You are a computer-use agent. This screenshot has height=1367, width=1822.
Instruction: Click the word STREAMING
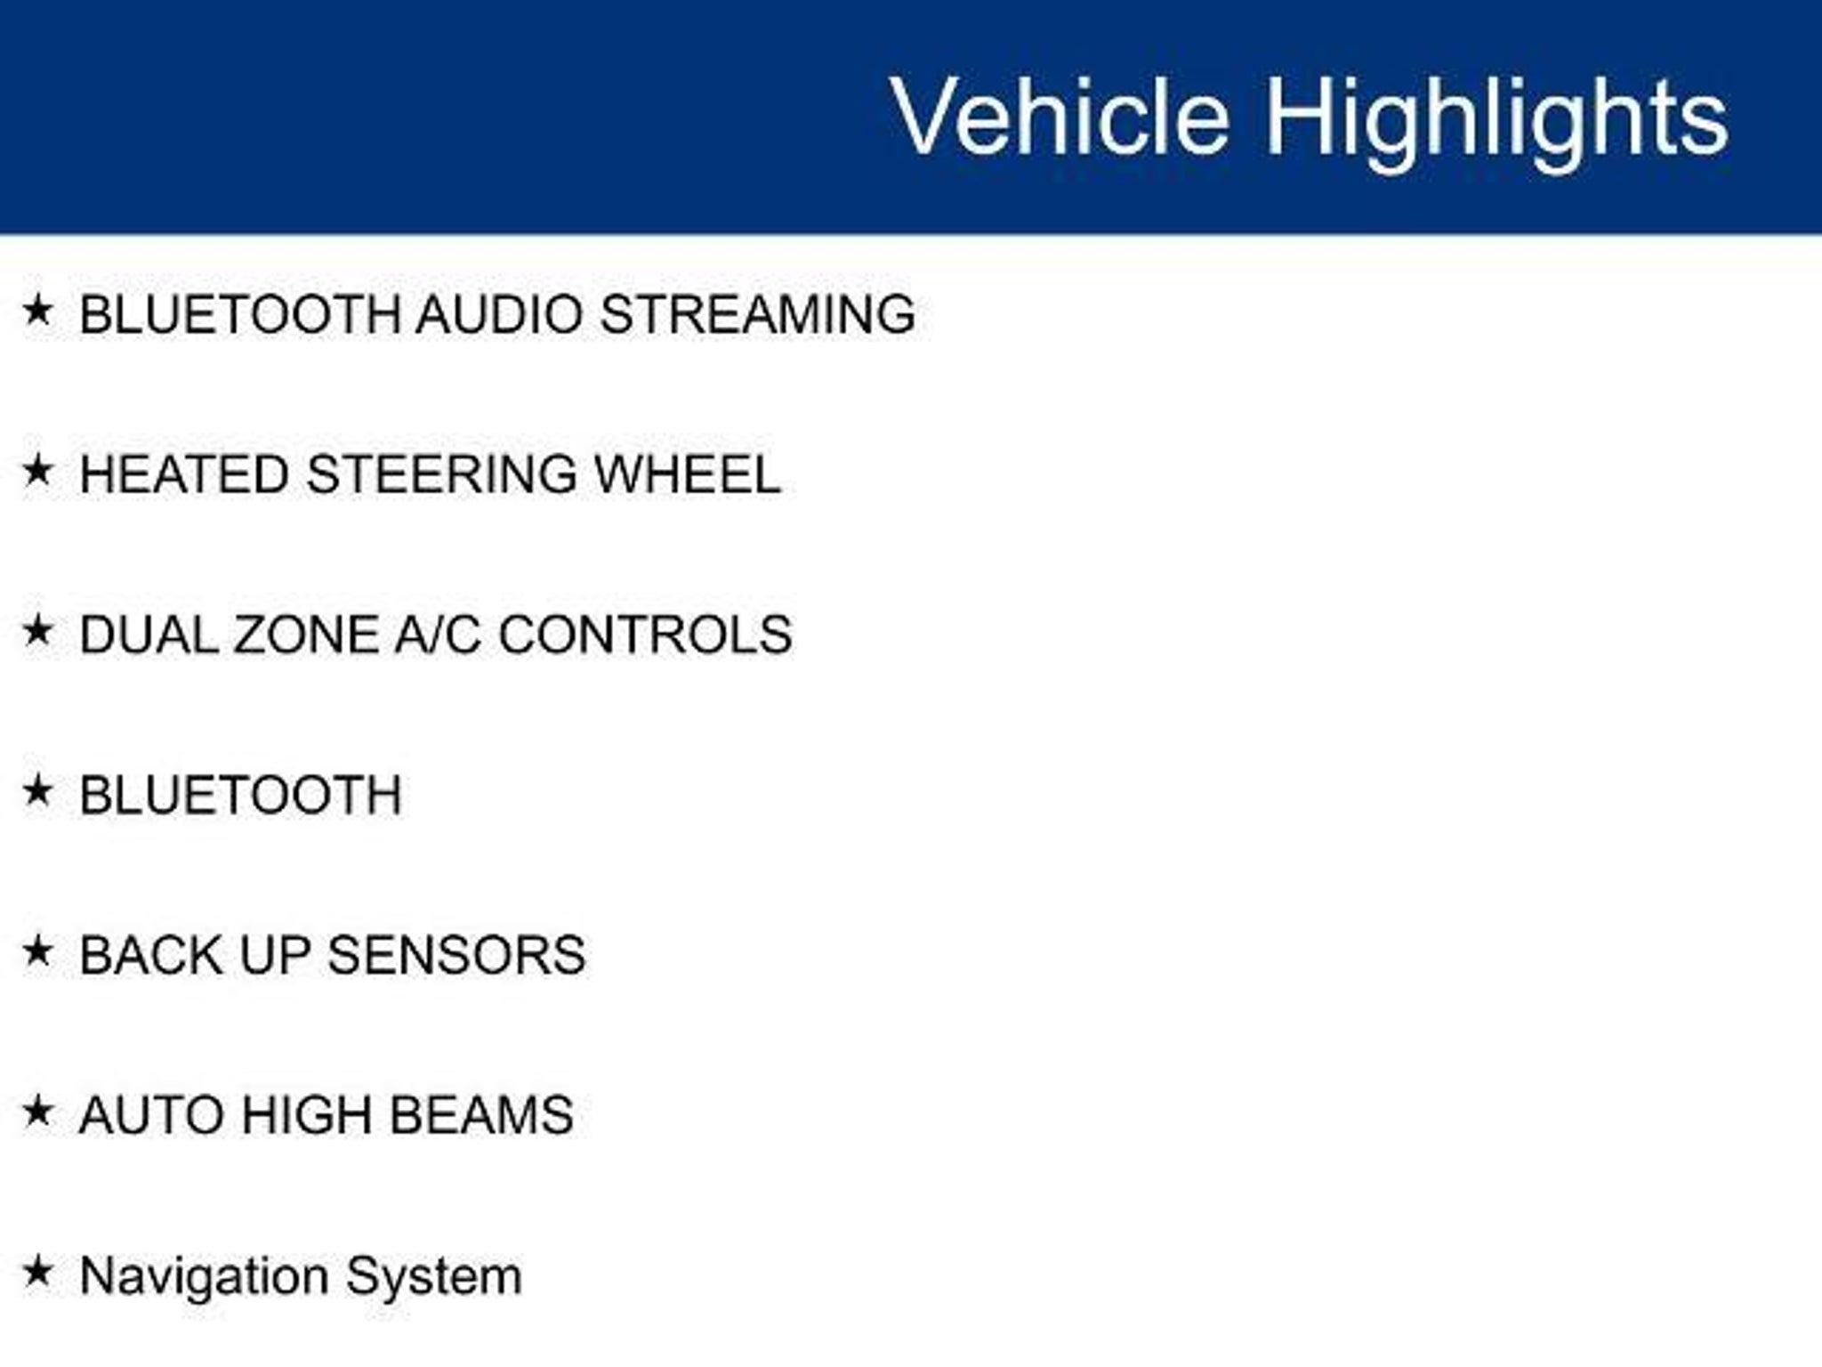pos(758,314)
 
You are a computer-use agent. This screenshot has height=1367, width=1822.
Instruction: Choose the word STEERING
pos(442,474)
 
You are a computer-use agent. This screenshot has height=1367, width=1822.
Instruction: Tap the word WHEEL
pos(688,474)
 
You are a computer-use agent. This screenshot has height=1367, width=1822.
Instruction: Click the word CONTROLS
pos(645,635)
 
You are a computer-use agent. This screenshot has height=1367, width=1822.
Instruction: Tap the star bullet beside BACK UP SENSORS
pos(37,951)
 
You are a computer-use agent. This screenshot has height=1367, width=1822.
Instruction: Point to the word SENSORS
pos(456,955)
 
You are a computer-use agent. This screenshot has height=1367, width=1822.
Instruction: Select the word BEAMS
pos(481,1115)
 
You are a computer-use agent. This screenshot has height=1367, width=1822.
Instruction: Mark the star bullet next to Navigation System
pos(37,1272)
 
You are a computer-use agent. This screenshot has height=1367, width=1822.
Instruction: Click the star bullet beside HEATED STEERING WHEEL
pos(37,471)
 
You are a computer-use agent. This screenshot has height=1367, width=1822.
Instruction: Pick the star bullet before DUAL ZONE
pos(37,631)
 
